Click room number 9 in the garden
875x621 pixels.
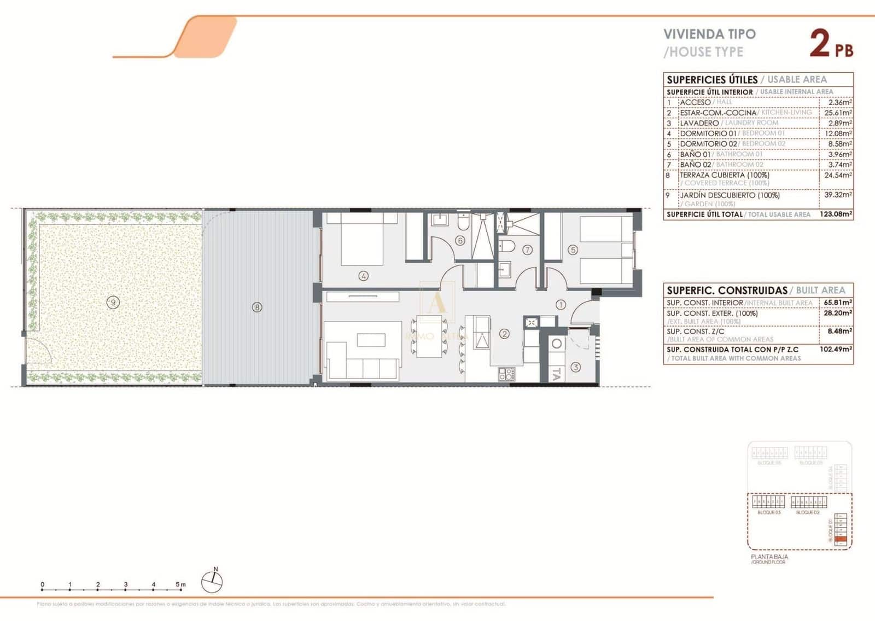coord(113,302)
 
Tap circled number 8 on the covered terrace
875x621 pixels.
coord(257,307)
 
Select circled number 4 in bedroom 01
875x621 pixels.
coord(363,276)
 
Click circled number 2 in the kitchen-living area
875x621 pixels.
coord(504,333)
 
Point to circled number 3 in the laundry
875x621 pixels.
coord(575,368)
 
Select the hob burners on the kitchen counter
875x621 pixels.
coord(506,374)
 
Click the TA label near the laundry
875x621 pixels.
coord(556,375)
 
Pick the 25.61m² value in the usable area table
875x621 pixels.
coord(838,113)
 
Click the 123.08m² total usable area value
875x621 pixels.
coord(836,214)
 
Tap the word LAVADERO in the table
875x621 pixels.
coord(699,123)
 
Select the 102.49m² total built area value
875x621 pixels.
coord(837,349)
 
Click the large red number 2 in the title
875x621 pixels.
coord(819,44)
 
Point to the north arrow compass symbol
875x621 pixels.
coord(212,581)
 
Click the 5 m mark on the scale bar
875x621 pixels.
coord(180,584)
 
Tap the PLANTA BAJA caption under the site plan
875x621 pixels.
coord(769,556)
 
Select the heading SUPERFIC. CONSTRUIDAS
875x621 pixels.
coord(726,291)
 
